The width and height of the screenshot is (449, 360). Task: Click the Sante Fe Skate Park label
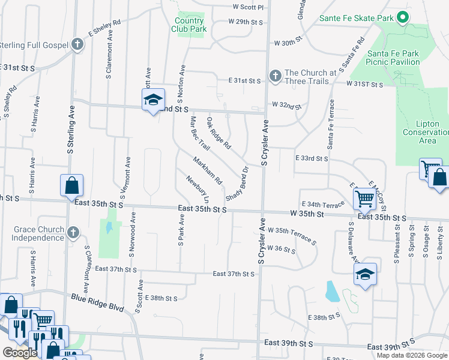357,18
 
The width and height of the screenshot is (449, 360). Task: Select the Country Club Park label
189,25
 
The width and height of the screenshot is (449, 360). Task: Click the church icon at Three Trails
275,76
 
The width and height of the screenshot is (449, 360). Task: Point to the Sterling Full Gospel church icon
77,44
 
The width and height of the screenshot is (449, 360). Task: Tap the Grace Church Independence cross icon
73,232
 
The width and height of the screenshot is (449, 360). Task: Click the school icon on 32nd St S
153,100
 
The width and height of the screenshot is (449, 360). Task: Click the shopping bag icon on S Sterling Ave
71,185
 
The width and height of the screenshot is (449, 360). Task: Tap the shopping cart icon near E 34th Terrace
365,197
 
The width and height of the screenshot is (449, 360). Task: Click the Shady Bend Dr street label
237,184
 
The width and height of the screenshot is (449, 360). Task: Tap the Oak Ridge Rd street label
219,133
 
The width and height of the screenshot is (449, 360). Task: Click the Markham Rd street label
207,170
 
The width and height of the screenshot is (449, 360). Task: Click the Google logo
20,353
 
